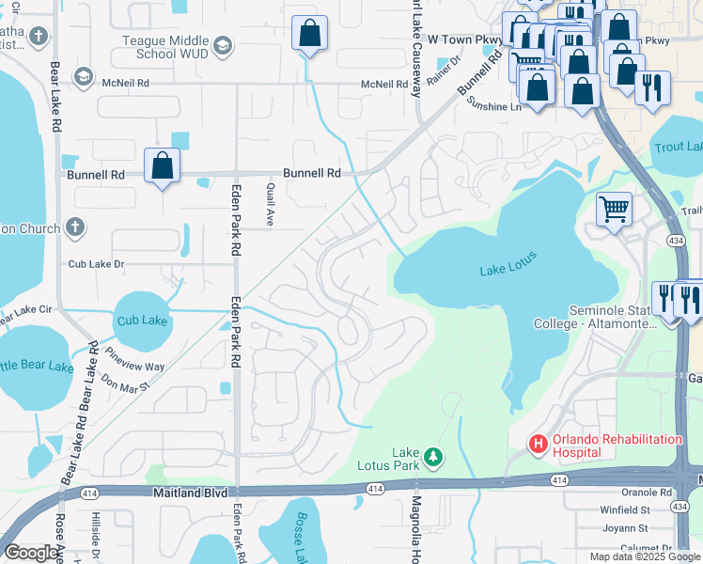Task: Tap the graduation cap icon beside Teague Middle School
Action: click(223, 45)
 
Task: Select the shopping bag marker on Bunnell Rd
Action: click(163, 166)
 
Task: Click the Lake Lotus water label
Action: click(508, 270)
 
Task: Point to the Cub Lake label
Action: click(142, 321)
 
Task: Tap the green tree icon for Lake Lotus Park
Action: click(432, 457)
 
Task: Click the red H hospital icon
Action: click(539, 443)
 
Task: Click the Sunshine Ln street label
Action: click(494, 107)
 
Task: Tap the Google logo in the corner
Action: click(31, 553)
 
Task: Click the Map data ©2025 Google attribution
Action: click(645, 556)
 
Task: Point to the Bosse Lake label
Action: click(305, 536)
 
